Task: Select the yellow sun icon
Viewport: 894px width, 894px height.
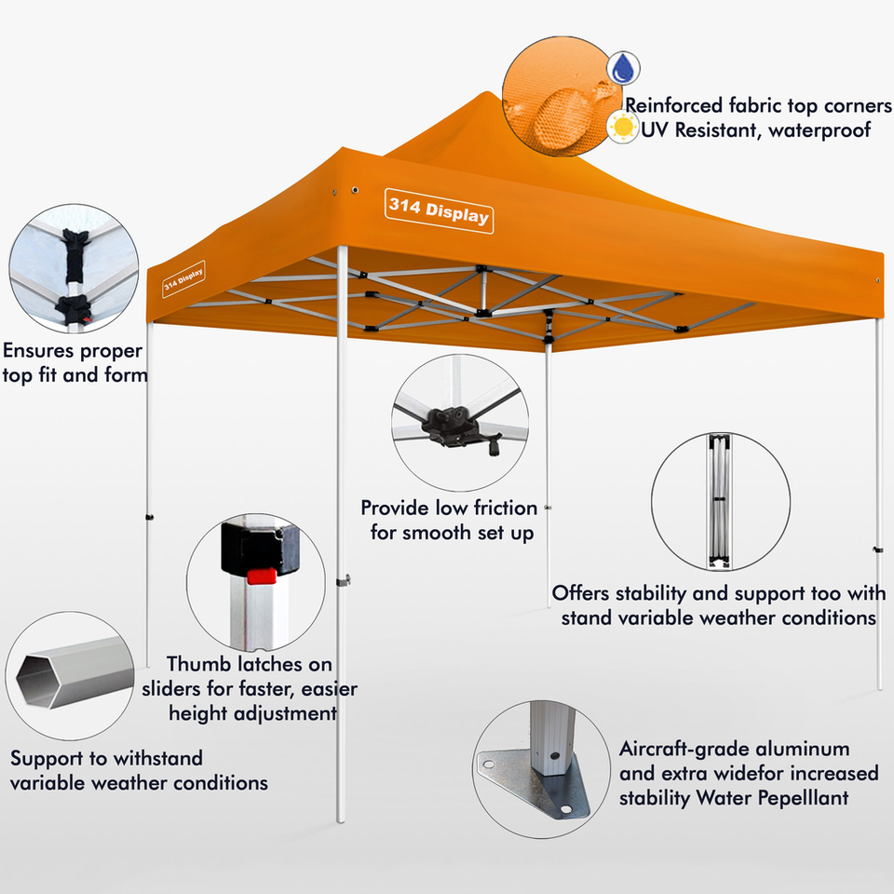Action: tap(621, 127)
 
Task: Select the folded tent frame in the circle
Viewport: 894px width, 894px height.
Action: tap(719, 500)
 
